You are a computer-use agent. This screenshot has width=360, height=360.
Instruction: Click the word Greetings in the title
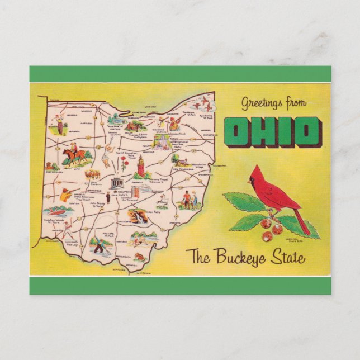[x=260, y=103]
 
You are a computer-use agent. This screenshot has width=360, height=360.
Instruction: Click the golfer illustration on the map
[x=58, y=124]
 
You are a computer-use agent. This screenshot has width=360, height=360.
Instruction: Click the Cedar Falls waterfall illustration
[x=136, y=216]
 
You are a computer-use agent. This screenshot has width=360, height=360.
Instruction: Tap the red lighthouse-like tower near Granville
[x=141, y=164]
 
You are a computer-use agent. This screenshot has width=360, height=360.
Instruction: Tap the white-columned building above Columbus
[x=117, y=183]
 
